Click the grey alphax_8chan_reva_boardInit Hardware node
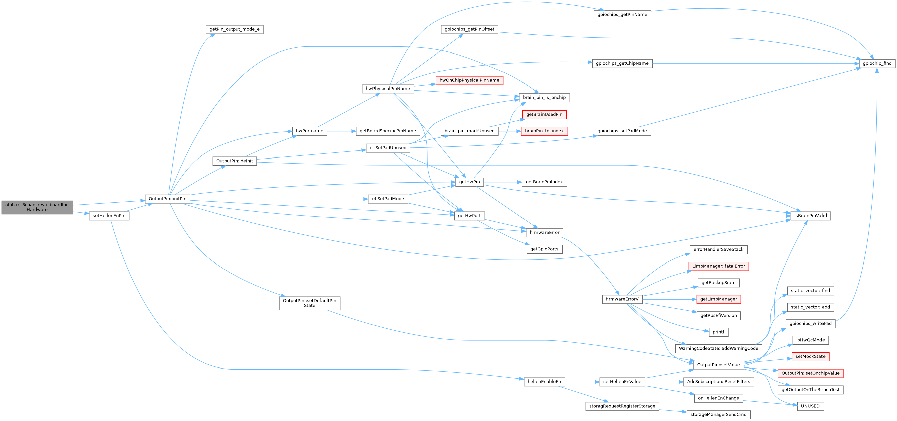pyautogui.click(x=37, y=207)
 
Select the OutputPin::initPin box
pyautogui.click(x=167, y=199)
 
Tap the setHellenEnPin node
pyautogui.click(x=109, y=216)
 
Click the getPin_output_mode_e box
pyautogui.click(x=234, y=30)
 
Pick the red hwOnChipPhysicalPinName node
pyautogui.click(x=469, y=81)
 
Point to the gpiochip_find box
pyautogui.click(x=877, y=64)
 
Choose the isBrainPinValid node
pyautogui.click(x=810, y=216)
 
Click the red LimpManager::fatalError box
pyautogui.click(x=718, y=266)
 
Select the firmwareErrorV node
pyautogui.click(x=622, y=299)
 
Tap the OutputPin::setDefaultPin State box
pyautogui.click(x=310, y=303)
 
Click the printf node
pyautogui.click(x=718, y=332)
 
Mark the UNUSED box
pyautogui.click(x=810, y=406)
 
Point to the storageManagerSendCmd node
pyautogui.click(x=718, y=415)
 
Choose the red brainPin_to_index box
pyautogui.click(x=544, y=131)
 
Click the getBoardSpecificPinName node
pyautogui.click(x=388, y=131)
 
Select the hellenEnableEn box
pyautogui.click(x=544, y=382)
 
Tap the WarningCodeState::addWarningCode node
pyautogui.click(x=718, y=349)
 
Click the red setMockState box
pyautogui.click(x=810, y=357)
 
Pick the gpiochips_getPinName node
pyautogui.click(x=622, y=15)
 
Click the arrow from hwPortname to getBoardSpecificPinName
pyautogui.click(x=341, y=131)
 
